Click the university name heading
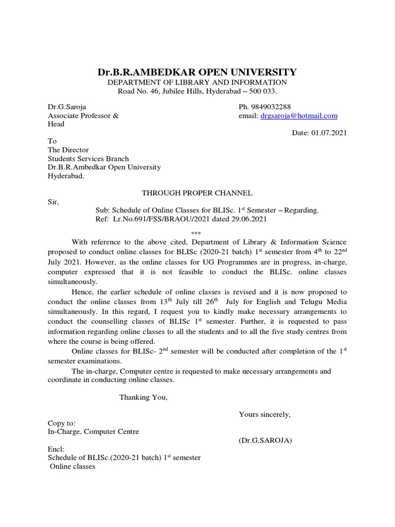coord(197,72)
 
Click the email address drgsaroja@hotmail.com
coord(299,116)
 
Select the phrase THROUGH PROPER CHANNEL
coord(197,193)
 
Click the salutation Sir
coord(53,202)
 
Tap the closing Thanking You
coord(143,397)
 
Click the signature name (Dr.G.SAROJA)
coord(265,441)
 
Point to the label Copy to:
coord(62,423)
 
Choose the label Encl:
coord(56,449)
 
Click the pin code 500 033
coord(262,91)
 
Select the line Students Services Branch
coord(88,159)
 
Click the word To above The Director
coord(52,141)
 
